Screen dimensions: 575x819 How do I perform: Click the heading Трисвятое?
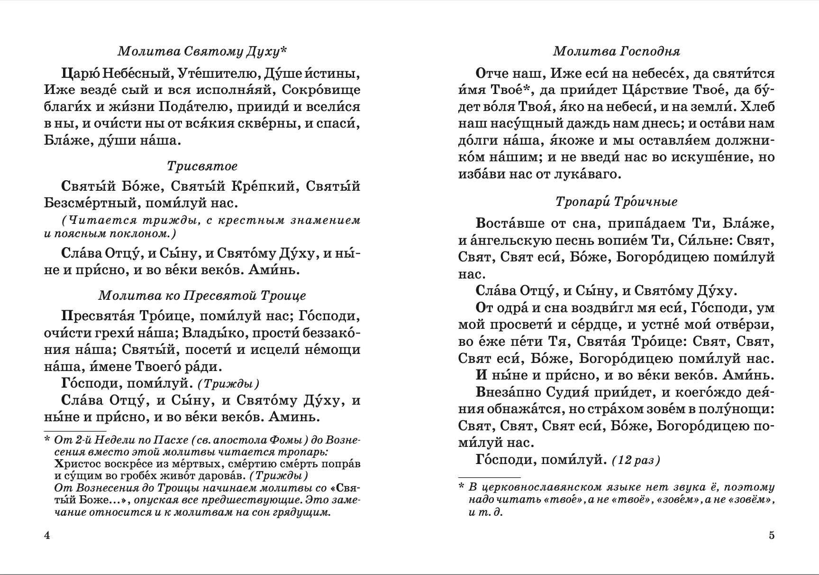point(202,167)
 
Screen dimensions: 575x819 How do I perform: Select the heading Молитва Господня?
point(617,51)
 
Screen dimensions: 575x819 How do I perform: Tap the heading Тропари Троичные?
point(617,202)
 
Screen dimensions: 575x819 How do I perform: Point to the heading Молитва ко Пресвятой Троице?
point(202,296)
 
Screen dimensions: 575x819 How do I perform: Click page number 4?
point(46,536)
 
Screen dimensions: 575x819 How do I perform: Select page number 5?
point(772,536)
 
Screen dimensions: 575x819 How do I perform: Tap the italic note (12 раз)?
point(636,460)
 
